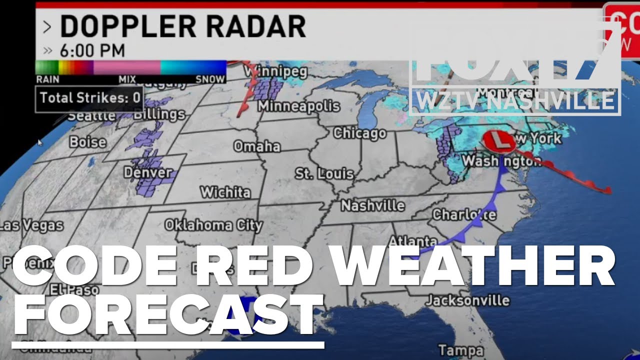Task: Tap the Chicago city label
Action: coord(359,133)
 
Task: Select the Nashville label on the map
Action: coord(372,205)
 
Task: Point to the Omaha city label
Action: coord(257,146)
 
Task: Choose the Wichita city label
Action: coord(225,192)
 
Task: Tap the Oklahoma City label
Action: coord(213,225)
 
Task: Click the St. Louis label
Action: coord(324,174)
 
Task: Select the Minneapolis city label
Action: coord(298,106)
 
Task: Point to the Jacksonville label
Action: coord(467,300)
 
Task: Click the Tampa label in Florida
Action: coord(460,349)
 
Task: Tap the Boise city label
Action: coord(87,142)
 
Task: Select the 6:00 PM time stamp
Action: coord(92,50)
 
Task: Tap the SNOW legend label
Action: coord(210,79)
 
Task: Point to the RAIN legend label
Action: coord(47,79)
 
